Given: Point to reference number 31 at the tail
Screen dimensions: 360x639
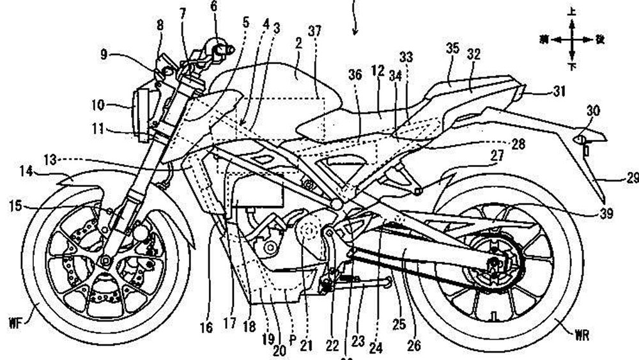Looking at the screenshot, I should (x=559, y=91).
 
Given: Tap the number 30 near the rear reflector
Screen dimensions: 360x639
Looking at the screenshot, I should (x=594, y=111).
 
